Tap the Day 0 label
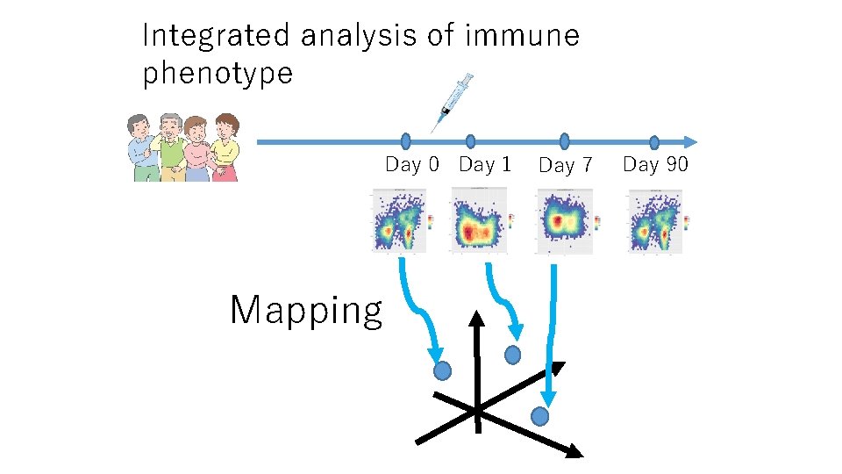(412, 164)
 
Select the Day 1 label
(485, 164)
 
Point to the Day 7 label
(566, 165)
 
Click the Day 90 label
(656, 164)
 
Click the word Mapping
(306, 311)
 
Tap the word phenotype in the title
(218, 73)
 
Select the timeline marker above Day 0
(405, 140)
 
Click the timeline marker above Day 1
(471, 140)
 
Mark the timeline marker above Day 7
(564, 140)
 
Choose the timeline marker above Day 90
(654, 142)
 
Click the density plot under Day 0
(399, 221)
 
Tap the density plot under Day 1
(478, 225)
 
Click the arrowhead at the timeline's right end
(690, 141)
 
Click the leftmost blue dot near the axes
(443, 370)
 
